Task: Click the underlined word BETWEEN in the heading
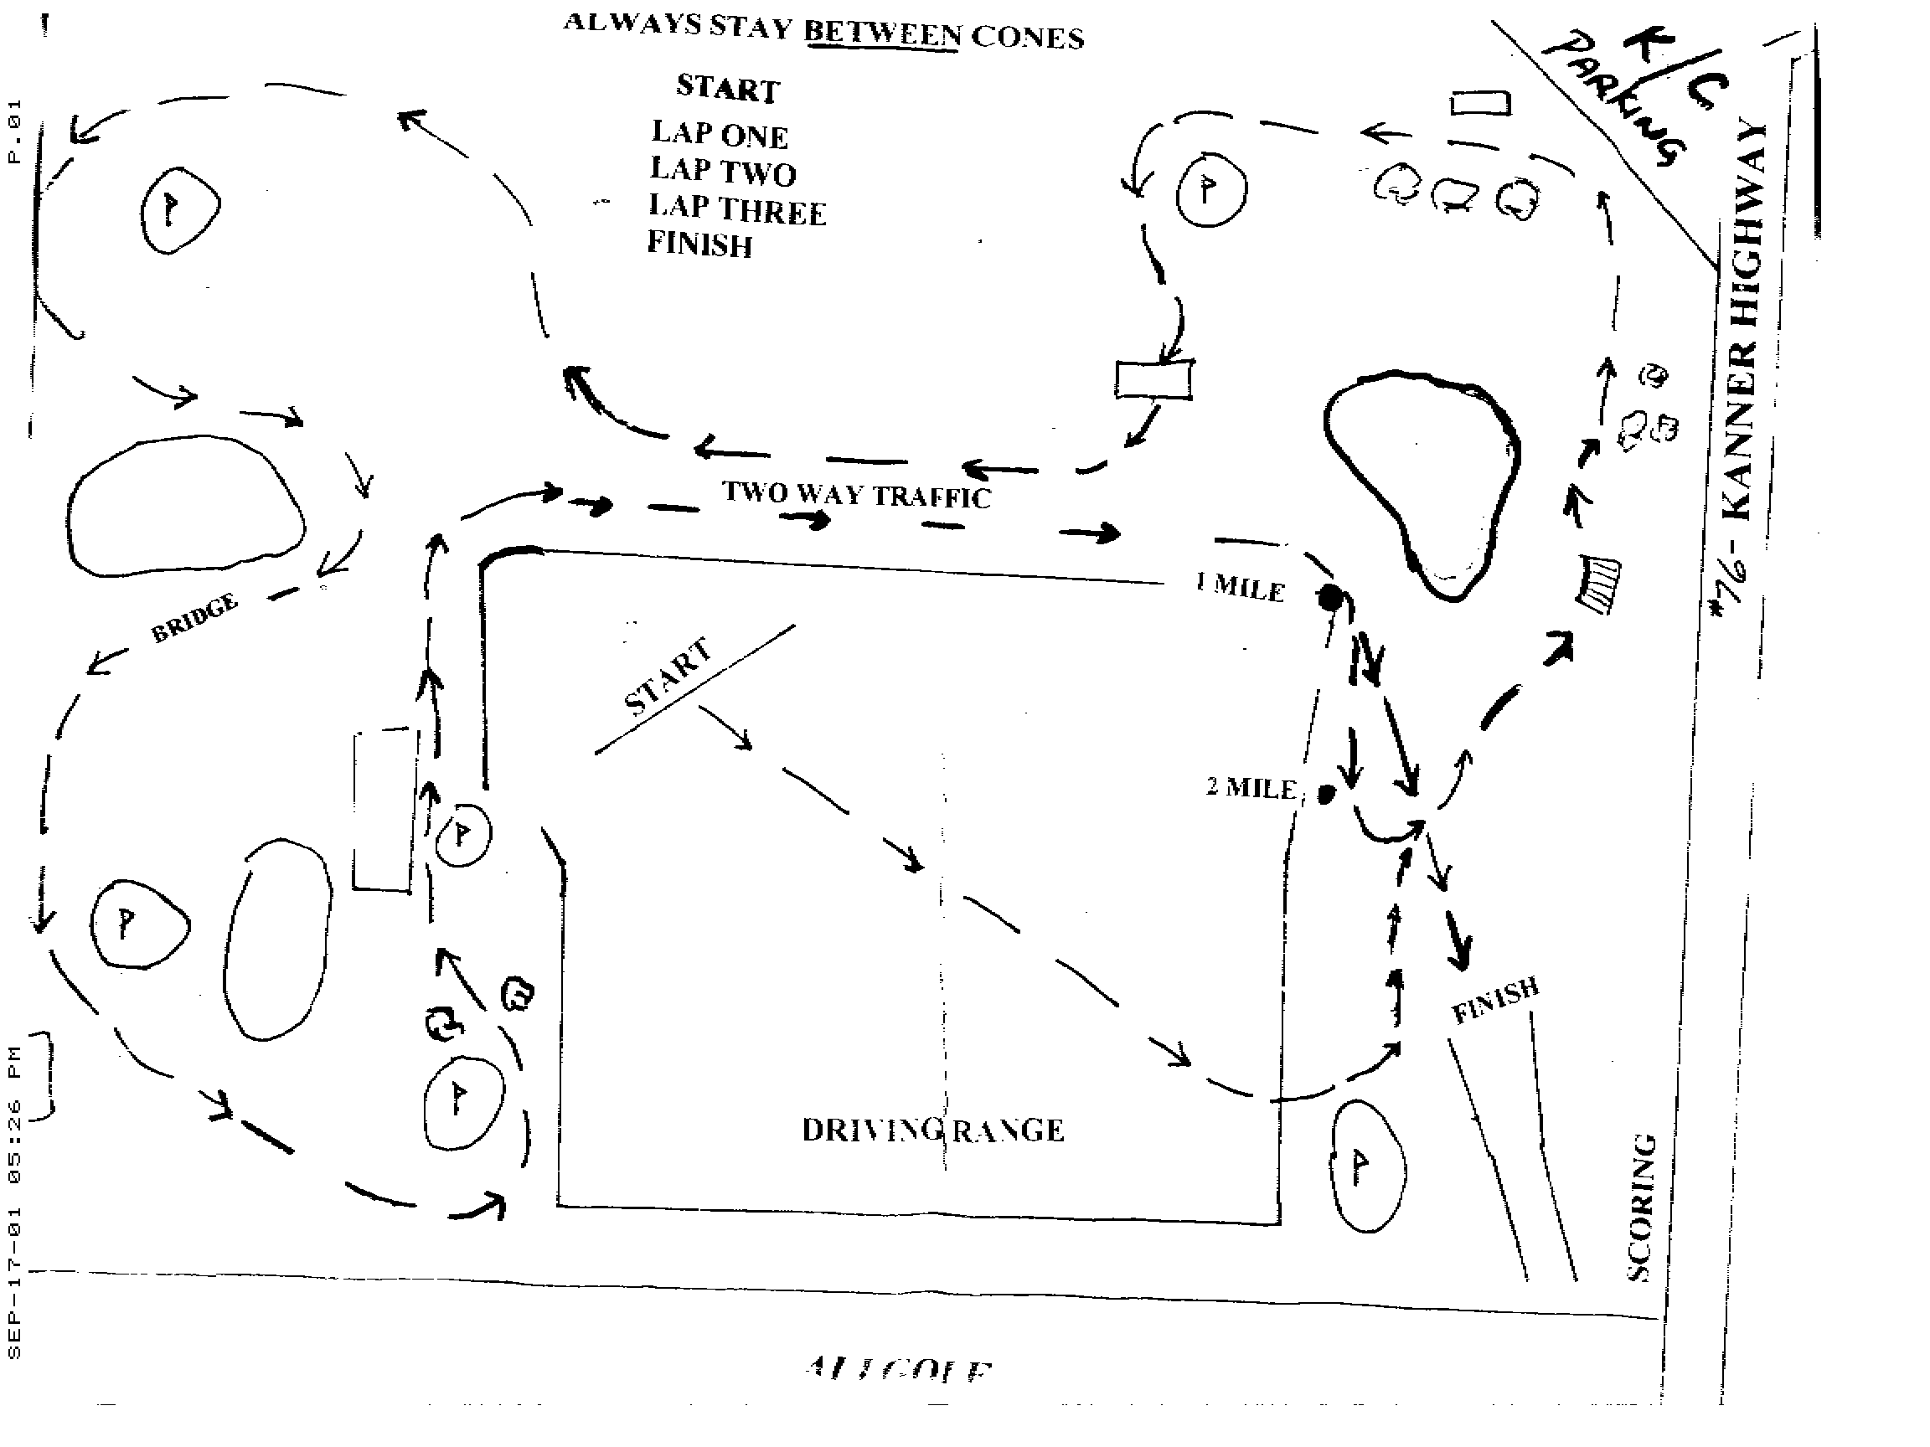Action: [x=882, y=33]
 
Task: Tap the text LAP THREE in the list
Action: [x=736, y=209]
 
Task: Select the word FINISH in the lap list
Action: [x=699, y=245]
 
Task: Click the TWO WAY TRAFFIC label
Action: [x=856, y=496]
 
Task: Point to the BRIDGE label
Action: [x=194, y=617]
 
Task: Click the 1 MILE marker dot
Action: [x=1330, y=599]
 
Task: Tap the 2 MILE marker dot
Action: [x=1326, y=794]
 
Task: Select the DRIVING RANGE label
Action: [x=931, y=1130]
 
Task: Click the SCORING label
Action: [x=1640, y=1208]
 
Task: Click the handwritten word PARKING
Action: [x=1614, y=100]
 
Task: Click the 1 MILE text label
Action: [x=1240, y=587]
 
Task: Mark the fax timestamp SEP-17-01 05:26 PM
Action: [x=14, y=1203]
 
